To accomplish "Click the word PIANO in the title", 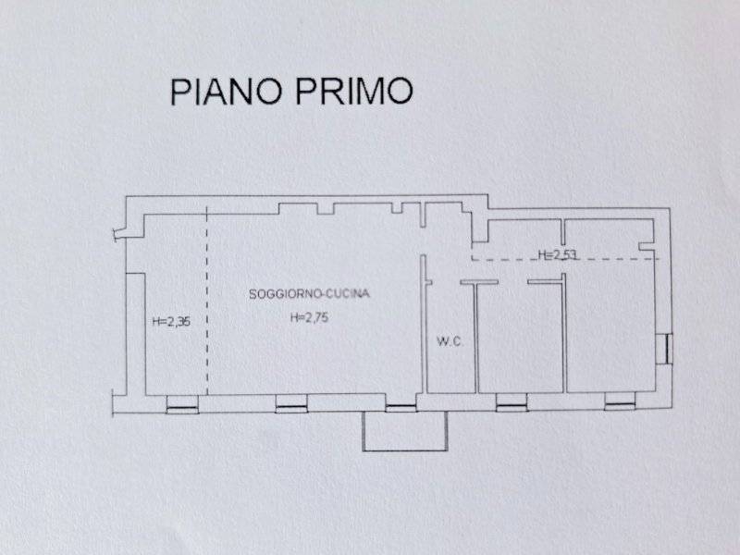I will point(224,92).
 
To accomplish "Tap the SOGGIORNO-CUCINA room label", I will point(310,294).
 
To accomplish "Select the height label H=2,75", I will point(310,318).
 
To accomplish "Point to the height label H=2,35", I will point(171,322).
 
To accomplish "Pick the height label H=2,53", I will point(558,254).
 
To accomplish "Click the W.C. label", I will point(449,342).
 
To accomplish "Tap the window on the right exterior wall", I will point(663,349).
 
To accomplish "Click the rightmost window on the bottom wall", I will point(620,401).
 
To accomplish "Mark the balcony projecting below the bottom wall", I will point(404,431).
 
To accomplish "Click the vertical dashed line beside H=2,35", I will point(207,305).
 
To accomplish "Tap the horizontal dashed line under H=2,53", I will point(564,260).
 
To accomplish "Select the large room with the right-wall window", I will point(610,324).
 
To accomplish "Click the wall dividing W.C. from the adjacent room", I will point(475,338).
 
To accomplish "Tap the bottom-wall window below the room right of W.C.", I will point(511,401).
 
